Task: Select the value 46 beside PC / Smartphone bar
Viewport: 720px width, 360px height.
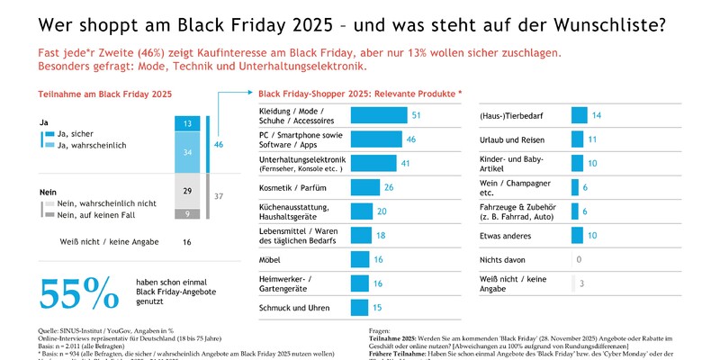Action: [x=410, y=139]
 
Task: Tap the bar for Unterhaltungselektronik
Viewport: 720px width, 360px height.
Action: [x=373, y=163]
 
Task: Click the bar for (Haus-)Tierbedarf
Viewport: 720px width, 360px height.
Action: [x=579, y=115]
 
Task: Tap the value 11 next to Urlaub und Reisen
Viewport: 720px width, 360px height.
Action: [x=592, y=139]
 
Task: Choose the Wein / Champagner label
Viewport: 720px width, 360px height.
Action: [x=508, y=187]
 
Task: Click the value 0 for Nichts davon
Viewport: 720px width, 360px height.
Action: [x=579, y=259]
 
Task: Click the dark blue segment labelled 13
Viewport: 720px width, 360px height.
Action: [x=186, y=123]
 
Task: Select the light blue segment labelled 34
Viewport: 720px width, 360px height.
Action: [x=186, y=153]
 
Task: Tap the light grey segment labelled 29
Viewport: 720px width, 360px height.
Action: [x=186, y=192]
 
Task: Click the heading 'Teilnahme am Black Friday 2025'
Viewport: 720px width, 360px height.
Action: [x=104, y=94]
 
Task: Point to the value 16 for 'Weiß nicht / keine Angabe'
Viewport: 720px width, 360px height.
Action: [x=186, y=242]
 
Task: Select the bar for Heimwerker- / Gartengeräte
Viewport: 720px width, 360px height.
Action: [x=359, y=283]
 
